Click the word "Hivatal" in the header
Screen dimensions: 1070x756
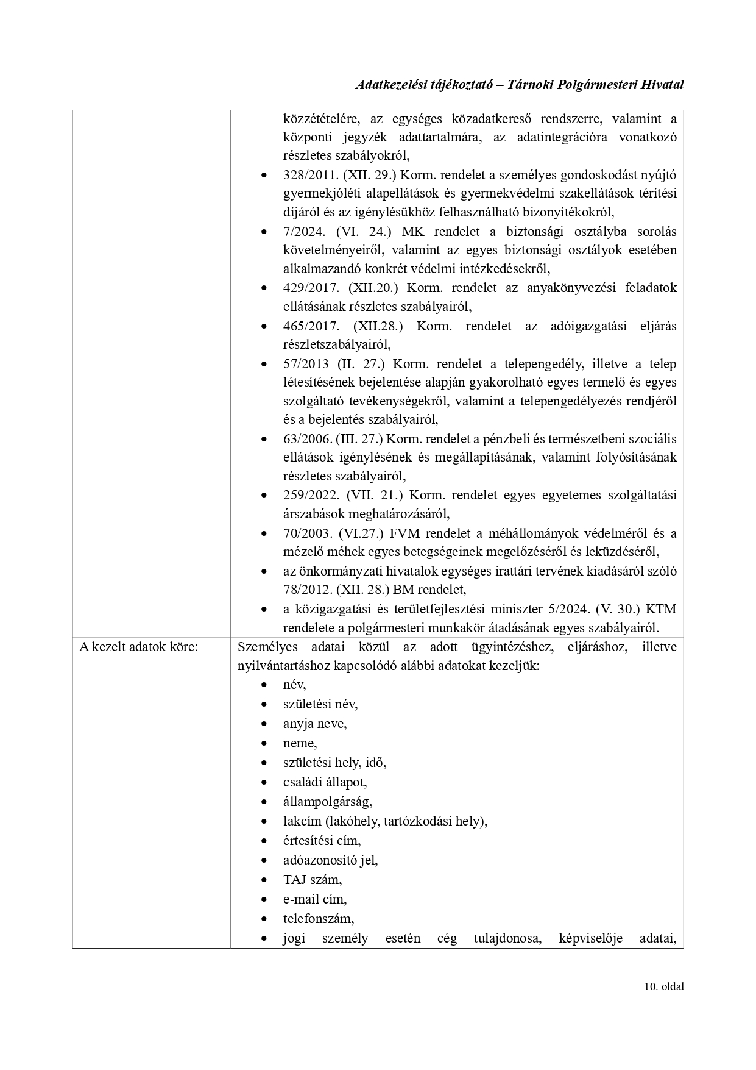[662, 85]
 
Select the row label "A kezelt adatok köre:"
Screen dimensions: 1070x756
[138, 647]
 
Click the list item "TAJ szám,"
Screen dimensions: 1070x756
[313, 880]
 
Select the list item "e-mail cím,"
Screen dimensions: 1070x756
[315, 899]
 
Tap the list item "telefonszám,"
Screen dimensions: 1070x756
[319, 919]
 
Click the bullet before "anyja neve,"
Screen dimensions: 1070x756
[264, 724]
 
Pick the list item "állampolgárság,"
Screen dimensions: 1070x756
[328, 802]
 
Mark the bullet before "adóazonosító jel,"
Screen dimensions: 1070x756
[264, 861]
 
